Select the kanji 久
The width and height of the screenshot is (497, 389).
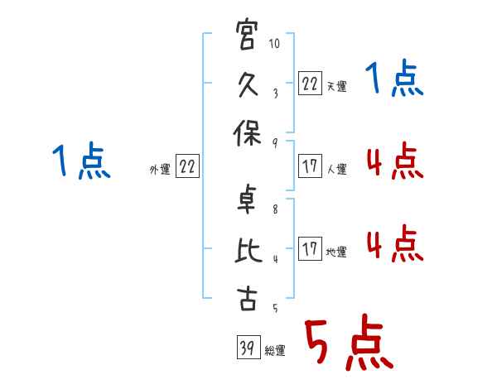[x=247, y=84]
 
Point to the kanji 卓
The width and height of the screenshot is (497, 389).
[x=246, y=199]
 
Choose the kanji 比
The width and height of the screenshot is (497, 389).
[x=248, y=250]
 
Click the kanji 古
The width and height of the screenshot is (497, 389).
[x=247, y=298]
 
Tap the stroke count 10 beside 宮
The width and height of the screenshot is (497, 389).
[x=274, y=43]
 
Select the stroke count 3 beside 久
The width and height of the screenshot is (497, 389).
[x=276, y=94]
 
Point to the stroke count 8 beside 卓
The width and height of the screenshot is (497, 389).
[x=275, y=209]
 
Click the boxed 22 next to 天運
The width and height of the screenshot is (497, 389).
[x=310, y=84]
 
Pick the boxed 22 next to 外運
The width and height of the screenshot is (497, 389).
[x=187, y=166]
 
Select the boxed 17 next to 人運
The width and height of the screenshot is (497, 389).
[x=310, y=166]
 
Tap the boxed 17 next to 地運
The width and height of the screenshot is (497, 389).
[x=310, y=248]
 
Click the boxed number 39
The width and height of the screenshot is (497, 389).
[x=248, y=347]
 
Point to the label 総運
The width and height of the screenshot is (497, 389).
[x=275, y=350]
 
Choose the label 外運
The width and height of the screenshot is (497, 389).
[x=160, y=169]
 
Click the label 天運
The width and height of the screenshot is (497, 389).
[x=336, y=86]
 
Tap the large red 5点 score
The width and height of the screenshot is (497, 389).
[x=349, y=343]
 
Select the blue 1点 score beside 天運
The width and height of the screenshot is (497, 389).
[x=394, y=78]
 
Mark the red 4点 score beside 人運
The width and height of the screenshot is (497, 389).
[x=395, y=161]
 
